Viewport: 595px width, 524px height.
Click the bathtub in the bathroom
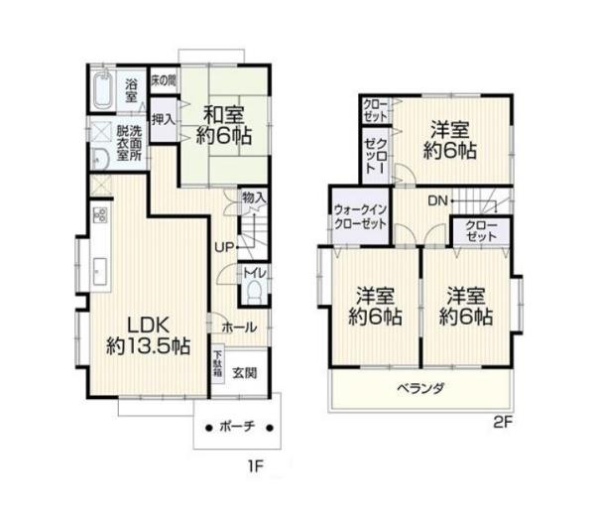(x=103, y=92)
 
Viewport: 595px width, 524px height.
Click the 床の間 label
(x=164, y=80)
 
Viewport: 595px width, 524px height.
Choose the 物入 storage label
(x=254, y=198)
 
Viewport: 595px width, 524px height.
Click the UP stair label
(x=226, y=247)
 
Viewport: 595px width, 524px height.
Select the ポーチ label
(x=238, y=427)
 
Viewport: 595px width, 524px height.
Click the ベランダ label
(x=420, y=388)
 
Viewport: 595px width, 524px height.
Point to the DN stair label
(x=436, y=201)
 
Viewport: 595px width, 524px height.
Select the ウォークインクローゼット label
(x=360, y=217)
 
